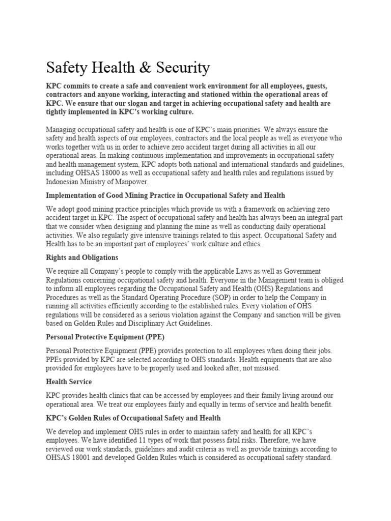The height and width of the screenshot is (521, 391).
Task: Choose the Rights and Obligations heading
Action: click(82, 257)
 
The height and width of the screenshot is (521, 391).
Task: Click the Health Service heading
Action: click(69, 382)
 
